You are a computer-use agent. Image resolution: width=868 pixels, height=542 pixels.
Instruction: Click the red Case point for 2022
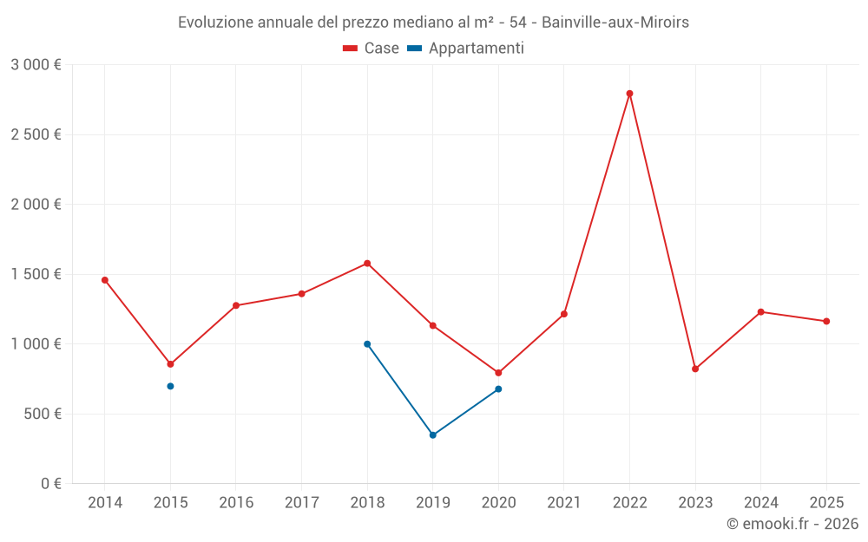coord(629,94)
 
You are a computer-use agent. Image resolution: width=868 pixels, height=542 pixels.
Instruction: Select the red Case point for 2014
coord(105,280)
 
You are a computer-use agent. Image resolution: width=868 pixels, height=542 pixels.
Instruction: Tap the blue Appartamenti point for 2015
coord(170,386)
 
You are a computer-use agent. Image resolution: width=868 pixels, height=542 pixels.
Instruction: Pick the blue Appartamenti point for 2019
coord(433,435)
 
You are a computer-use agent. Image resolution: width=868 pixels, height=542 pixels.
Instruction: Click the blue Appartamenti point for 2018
coord(367,344)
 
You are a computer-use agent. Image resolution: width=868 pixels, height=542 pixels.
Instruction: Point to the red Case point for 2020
coord(498,373)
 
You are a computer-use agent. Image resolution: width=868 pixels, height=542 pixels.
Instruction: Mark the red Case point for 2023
coord(695,369)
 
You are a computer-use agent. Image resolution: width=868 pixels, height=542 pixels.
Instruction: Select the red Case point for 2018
coord(367,264)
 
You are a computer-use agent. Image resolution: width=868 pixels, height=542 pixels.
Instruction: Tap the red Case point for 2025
coord(826,322)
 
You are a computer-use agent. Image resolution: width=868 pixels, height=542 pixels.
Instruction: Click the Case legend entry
coord(372,49)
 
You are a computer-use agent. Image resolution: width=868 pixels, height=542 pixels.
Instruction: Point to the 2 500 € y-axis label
coord(36,134)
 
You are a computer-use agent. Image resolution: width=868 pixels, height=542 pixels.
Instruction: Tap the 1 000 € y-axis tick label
coord(36,344)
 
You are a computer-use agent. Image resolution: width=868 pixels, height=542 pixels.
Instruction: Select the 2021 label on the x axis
coord(564,503)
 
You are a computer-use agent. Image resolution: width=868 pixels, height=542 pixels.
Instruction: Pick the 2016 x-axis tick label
coord(236,503)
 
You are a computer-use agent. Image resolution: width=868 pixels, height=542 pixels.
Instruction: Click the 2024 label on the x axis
coord(760,503)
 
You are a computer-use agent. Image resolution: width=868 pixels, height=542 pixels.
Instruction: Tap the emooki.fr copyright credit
coord(792,524)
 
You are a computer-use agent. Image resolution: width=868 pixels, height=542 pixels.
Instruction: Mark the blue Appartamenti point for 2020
coord(498,389)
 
